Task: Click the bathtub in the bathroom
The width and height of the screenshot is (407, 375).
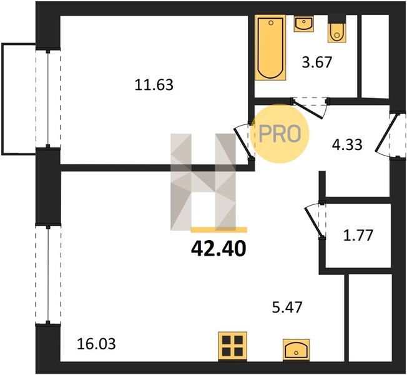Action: tap(270, 47)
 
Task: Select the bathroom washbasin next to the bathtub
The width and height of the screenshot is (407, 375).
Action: tap(304, 23)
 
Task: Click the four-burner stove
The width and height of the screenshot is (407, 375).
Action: tap(233, 346)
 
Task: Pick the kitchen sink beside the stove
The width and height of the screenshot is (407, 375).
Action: tap(296, 350)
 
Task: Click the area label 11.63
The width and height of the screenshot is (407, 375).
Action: tap(154, 85)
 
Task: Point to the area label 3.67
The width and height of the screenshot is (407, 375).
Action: tap(317, 62)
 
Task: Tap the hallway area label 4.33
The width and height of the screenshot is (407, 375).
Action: tap(347, 145)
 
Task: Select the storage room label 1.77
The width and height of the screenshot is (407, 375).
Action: tap(358, 235)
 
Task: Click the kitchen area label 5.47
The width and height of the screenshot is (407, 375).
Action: tap(287, 307)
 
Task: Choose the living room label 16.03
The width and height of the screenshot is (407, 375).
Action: tap(96, 344)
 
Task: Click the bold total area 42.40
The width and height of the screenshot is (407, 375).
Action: tap(218, 249)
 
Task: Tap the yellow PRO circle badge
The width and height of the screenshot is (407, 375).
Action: tap(280, 134)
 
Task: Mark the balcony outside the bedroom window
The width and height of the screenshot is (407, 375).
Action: tap(19, 99)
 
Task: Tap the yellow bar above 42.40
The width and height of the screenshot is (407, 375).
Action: tap(219, 229)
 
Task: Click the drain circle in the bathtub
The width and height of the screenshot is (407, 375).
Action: tap(271, 23)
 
